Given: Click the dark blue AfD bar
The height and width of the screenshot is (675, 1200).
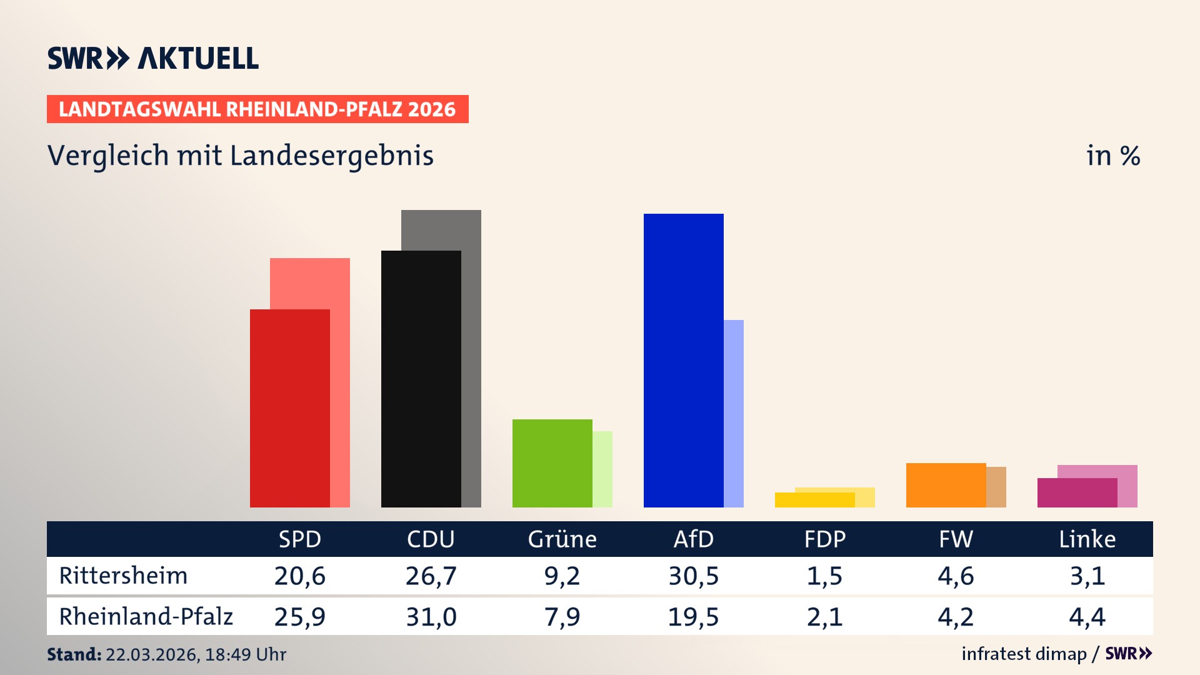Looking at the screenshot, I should (683, 361).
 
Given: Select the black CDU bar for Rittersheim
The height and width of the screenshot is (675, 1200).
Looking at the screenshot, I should (421, 379).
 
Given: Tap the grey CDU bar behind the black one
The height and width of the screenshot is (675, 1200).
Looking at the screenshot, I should (471, 356).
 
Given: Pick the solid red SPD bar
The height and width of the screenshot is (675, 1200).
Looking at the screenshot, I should (289, 408).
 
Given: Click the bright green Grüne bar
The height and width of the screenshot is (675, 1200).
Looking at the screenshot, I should (552, 463).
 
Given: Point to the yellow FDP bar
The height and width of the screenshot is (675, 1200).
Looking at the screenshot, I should (814, 500).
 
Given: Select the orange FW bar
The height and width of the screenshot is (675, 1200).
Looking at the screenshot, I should (946, 485).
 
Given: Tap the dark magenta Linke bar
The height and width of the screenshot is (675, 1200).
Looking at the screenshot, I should (1077, 492).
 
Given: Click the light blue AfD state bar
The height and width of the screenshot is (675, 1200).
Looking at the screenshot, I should (734, 412).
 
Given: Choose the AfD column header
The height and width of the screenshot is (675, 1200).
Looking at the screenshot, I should (693, 539).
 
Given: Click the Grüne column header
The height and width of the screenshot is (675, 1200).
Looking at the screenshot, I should (562, 539).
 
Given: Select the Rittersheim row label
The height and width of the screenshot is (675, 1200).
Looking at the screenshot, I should (123, 576).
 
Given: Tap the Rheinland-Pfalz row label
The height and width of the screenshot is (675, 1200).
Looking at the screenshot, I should (146, 617).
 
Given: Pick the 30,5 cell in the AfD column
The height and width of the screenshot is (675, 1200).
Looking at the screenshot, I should (693, 576).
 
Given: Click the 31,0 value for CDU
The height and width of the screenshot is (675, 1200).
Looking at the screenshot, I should (431, 617).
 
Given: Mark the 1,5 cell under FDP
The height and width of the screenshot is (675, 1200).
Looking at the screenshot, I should (824, 576).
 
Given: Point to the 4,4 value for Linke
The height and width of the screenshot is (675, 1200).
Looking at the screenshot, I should (1087, 617).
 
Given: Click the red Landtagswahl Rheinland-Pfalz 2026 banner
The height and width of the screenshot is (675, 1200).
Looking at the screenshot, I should (257, 109).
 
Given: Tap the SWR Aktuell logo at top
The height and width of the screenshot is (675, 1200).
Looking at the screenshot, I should (152, 58).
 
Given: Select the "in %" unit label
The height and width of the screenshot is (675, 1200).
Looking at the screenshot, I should (1112, 156).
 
